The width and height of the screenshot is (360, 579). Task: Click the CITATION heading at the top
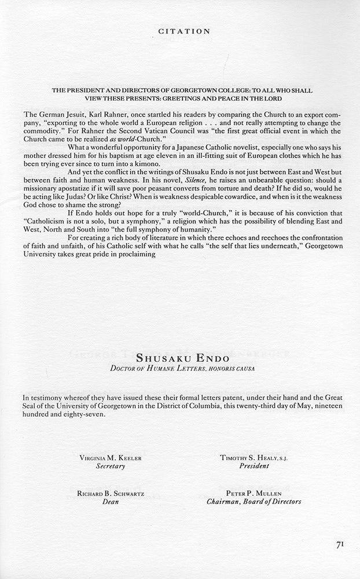[179, 31]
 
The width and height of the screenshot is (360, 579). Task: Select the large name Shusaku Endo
[180, 359]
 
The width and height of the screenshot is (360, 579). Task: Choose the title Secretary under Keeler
[111, 466]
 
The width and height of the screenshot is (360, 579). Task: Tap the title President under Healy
[249, 466]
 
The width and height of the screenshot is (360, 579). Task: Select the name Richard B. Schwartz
[111, 494]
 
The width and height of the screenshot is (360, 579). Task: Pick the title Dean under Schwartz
[111, 502]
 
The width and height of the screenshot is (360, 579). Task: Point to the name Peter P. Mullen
[249, 494]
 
